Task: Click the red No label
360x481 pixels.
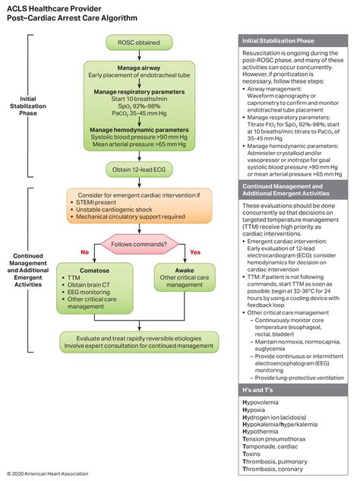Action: [85, 252]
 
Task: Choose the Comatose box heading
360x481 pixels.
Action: [85, 270]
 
